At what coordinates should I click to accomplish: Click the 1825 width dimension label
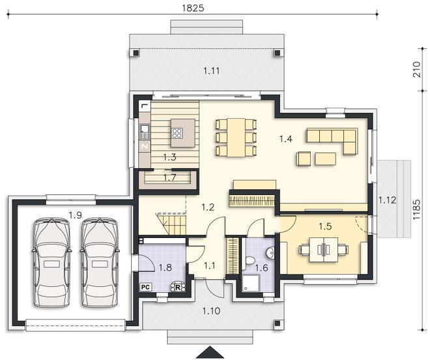pos(193,8)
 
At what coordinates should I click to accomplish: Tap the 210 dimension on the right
pos(416,70)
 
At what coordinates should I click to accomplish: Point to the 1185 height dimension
pos(416,209)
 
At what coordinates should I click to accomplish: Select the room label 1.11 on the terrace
pos(212,71)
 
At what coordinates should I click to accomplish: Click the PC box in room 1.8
pos(145,287)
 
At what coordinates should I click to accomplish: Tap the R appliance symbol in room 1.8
pos(179,287)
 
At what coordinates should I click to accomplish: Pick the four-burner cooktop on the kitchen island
pos(177,133)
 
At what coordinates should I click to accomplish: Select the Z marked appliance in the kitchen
pos(145,146)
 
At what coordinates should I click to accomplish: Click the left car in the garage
pos(51,262)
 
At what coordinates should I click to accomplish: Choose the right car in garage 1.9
pos(100,262)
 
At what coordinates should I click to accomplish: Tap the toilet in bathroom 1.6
pos(250,260)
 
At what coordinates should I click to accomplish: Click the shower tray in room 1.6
pos(250,283)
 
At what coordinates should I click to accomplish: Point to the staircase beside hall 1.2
pos(171,224)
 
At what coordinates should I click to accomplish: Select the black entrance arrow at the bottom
pos(210,353)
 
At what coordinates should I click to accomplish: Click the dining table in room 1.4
pos(236,138)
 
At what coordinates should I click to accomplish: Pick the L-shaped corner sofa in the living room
pos(332,140)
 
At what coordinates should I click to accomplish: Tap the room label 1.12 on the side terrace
pos(387,200)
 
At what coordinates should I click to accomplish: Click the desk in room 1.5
pos(324,250)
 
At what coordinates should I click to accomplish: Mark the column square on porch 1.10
pos(278,323)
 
